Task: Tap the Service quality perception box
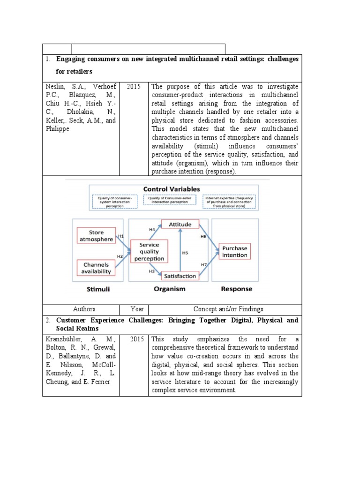[149, 251]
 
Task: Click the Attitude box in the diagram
[180, 225]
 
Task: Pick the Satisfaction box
[180, 276]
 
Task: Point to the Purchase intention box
[234, 251]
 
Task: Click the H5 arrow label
[185, 253]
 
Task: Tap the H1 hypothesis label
[120, 236]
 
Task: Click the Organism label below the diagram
[169, 289]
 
